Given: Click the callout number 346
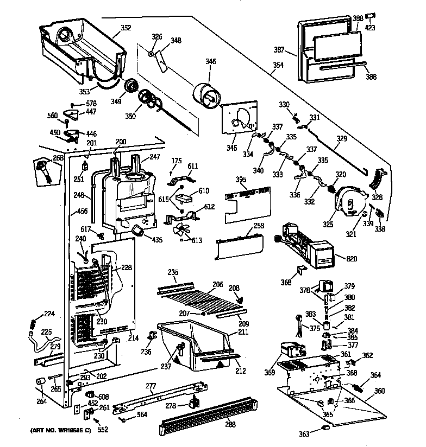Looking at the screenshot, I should coord(210,62).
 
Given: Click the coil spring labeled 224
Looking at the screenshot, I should coord(33,323).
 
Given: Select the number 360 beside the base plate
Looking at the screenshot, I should coord(379,391).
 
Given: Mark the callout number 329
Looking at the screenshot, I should coord(341,139).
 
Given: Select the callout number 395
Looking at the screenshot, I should coord(226,179).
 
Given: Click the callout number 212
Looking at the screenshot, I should coord(241,371).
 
